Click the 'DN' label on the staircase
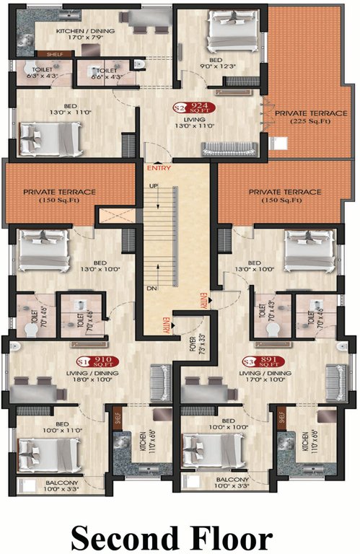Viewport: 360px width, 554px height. coord(151,287)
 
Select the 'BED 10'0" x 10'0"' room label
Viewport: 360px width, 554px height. coord(234,423)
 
